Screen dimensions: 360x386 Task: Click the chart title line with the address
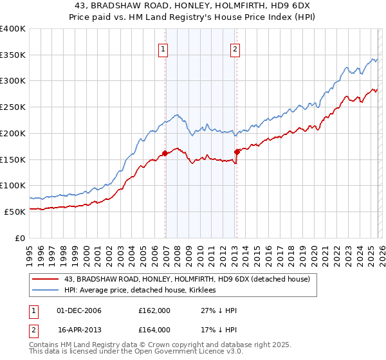point(193,6)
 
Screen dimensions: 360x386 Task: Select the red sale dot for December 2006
point(165,153)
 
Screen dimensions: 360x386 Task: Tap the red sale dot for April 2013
point(237,152)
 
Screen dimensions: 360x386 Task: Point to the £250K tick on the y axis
point(13,107)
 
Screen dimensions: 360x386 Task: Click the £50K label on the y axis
point(15,212)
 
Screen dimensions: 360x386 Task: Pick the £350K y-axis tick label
point(13,55)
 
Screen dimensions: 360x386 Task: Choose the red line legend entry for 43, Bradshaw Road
point(187,279)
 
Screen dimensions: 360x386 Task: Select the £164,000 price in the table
point(154,329)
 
